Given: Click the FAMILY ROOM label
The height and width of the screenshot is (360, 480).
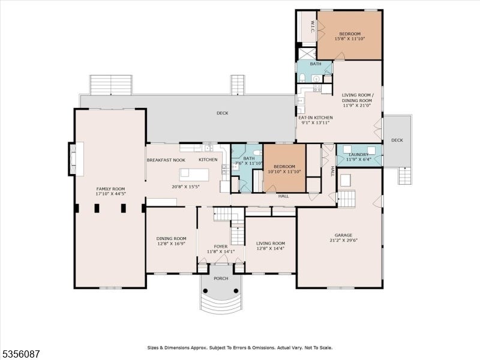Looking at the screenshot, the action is tap(110, 189).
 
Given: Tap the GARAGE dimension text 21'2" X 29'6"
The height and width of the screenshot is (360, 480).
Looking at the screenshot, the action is tap(343, 240).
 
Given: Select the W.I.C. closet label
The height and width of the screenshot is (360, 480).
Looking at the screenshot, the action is tap(313, 26).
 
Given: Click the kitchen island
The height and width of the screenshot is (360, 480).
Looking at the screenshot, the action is tap(194, 175).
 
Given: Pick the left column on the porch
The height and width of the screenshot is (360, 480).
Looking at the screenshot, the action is tap(205, 290).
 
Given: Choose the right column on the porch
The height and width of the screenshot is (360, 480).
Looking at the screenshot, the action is tap(236, 290).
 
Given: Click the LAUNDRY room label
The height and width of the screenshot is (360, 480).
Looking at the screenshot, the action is tap(358, 155).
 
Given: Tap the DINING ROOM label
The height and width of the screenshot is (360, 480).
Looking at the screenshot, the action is tap(171, 238).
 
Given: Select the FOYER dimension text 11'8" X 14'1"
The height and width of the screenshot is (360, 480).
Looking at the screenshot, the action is tap(221, 251).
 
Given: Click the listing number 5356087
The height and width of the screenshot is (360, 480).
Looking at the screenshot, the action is tap(20, 354).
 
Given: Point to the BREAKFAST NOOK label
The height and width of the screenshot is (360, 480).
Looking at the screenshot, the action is tap(166, 160).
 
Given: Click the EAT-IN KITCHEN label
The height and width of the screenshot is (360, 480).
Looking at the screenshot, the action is tap(316, 118).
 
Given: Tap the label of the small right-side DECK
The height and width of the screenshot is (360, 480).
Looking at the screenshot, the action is tap(397, 140).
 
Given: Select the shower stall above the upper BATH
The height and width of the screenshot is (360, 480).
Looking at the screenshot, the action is tap(307, 54).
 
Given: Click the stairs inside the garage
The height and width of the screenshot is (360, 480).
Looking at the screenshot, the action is tap(346, 199).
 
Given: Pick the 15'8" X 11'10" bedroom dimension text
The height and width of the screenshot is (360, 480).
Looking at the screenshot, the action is tap(350, 39).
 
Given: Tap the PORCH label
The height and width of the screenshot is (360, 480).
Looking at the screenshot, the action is tap(221, 278).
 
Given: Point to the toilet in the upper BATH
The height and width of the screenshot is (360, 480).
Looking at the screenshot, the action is tap(302, 78).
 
